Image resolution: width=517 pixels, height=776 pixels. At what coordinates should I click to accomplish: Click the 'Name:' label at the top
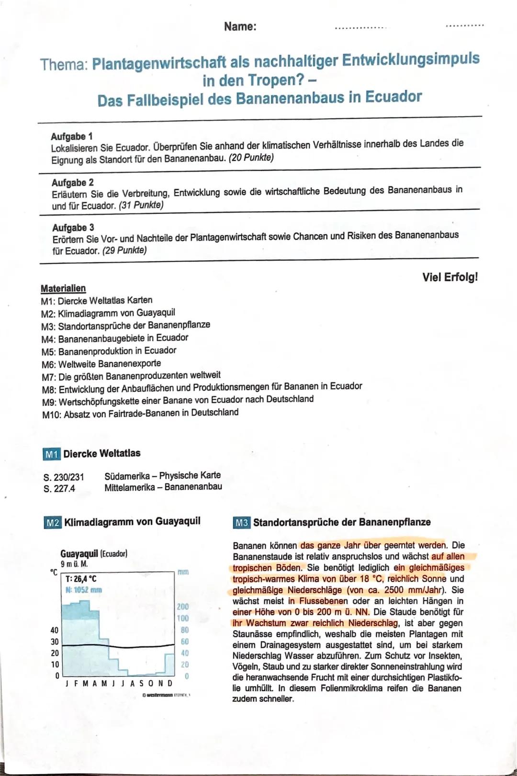click(x=240, y=26)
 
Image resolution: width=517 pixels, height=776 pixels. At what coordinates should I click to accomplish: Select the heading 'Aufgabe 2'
click(x=73, y=182)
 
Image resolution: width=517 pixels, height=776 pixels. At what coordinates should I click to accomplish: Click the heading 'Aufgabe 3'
click(x=73, y=227)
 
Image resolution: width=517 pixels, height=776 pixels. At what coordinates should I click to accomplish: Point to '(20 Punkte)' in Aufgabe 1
click(x=251, y=157)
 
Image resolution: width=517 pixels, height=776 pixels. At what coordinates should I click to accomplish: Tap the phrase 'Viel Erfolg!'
click(x=450, y=277)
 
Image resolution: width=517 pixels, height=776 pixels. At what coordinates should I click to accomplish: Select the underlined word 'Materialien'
click(x=63, y=288)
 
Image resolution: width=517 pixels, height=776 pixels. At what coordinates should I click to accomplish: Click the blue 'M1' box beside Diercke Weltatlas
click(x=51, y=454)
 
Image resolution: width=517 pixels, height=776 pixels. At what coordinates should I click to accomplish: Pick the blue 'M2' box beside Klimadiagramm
click(x=52, y=522)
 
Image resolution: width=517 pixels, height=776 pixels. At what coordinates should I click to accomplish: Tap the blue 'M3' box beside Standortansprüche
click(x=241, y=523)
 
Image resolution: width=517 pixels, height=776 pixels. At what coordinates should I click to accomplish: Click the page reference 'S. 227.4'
click(x=59, y=489)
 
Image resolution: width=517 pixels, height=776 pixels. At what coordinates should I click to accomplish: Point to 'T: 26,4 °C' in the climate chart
click(x=81, y=579)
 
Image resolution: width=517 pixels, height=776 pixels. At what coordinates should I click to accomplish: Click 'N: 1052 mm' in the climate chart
click(x=84, y=590)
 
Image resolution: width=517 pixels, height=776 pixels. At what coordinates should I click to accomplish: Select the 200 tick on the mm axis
click(x=182, y=607)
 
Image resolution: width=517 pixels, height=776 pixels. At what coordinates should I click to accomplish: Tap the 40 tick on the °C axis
click(x=55, y=630)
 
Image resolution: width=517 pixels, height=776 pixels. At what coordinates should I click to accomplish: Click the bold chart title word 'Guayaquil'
click(x=79, y=553)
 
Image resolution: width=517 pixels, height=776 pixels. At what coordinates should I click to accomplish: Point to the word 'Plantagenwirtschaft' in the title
click(x=159, y=63)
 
